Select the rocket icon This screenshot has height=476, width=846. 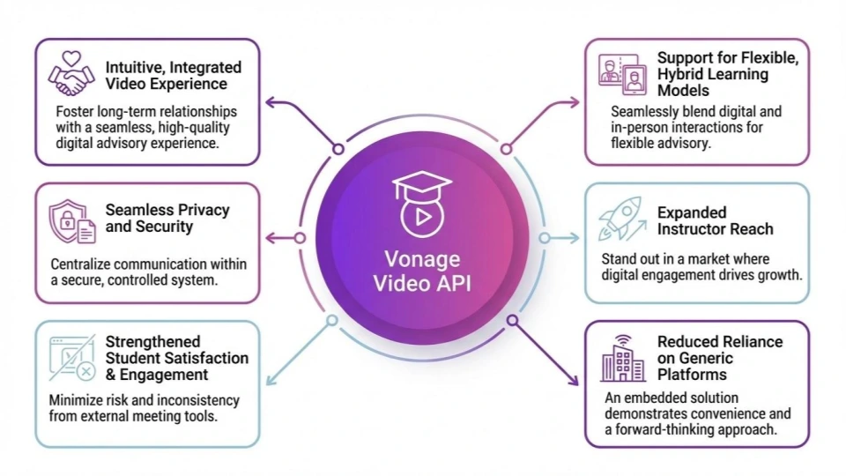(x=620, y=219)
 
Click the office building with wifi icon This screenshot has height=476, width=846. (x=622, y=358)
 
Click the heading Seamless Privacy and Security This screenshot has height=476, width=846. (x=167, y=218)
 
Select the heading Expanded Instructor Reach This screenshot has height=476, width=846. (x=715, y=220)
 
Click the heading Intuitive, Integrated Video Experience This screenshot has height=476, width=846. (x=173, y=75)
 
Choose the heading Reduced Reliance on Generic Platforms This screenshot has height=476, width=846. (x=719, y=357)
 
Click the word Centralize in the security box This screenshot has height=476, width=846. (x=93, y=264)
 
